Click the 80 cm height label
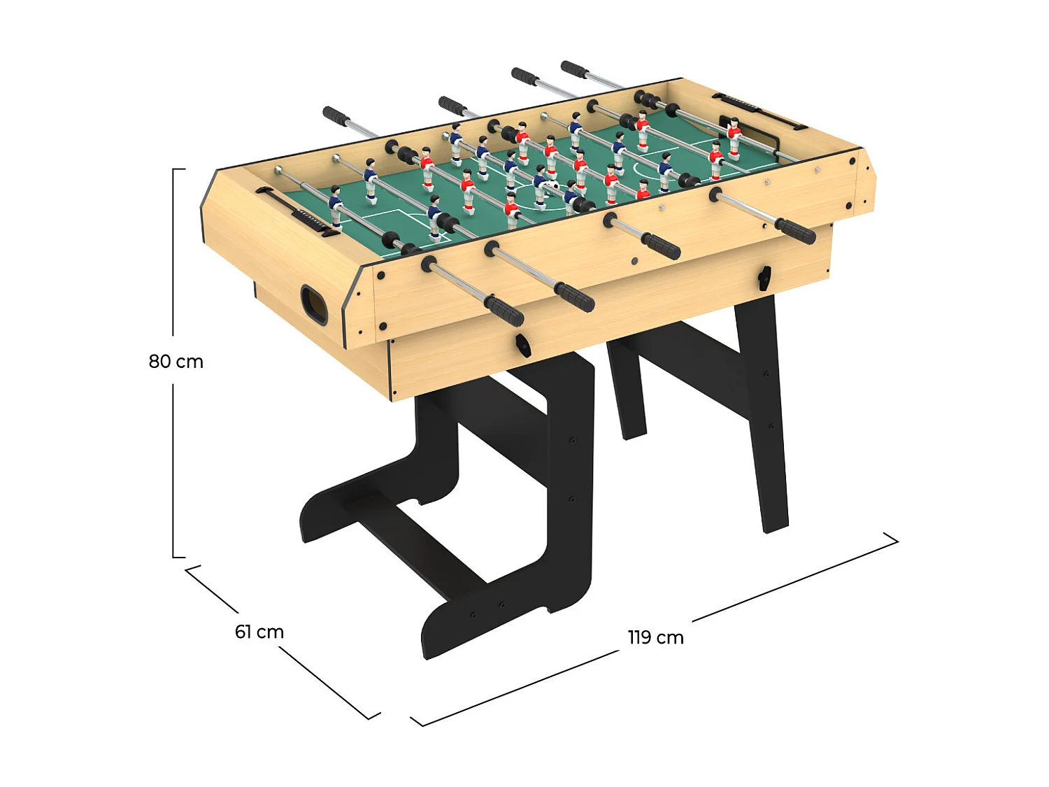click(176, 362)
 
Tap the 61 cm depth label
click(259, 632)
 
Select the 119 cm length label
click(655, 637)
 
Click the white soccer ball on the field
click(553, 185)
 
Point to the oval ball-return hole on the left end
click(313, 304)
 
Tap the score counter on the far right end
click(759, 111)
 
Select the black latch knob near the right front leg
click(764, 278)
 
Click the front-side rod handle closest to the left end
click(505, 310)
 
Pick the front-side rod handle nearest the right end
click(795, 230)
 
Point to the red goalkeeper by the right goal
click(734, 138)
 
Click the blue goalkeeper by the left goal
click(336, 204)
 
